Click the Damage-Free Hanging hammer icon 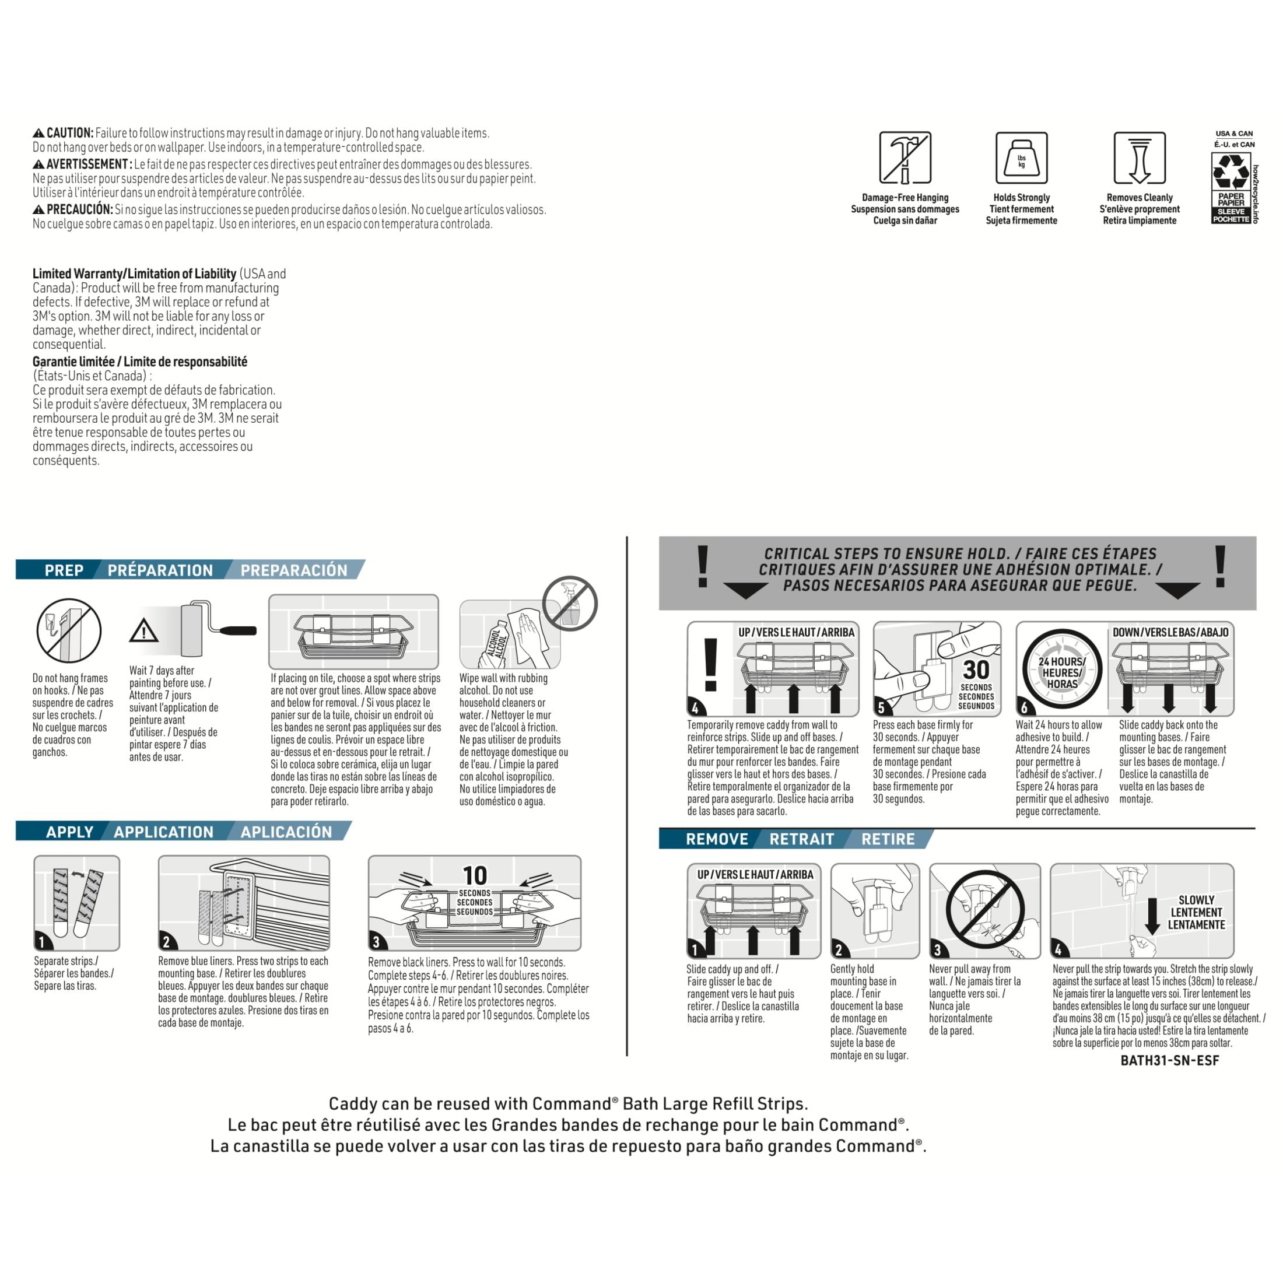[905, 157]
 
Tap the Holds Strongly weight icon [1021, 157]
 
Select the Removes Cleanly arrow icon [1140, 157]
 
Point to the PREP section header [64, 570]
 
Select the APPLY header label [70, 832]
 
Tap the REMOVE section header [717, 839]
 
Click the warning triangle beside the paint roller [143, 630]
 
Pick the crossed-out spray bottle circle [570, 604]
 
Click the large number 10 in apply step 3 [475, 875]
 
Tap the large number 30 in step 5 [976, 670]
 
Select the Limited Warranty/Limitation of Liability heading [134, 274]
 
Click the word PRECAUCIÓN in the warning [80, 210]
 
